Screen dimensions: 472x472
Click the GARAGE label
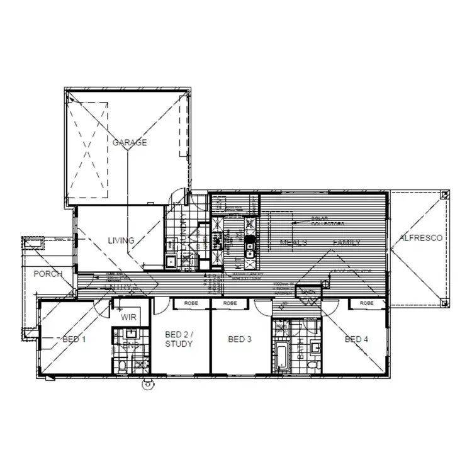(x=130, y=142)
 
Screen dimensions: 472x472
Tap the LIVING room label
(x=121, y=240)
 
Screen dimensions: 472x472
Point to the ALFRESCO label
(x=420, y=238)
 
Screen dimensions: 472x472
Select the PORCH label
(x=48, y=274)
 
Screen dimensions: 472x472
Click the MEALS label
(x=293, y=242)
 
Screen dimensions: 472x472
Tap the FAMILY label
(x=347, y=242)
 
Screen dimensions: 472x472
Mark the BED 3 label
(x=240, y=339)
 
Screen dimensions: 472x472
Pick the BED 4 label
(x=357, y=339)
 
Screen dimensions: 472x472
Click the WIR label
(x=128, y=317)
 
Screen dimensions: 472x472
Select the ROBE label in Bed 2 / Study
(x=191, y=303)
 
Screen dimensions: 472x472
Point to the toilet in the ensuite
(x=122, y=365)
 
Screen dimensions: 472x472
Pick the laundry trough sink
(x=170, y=261)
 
